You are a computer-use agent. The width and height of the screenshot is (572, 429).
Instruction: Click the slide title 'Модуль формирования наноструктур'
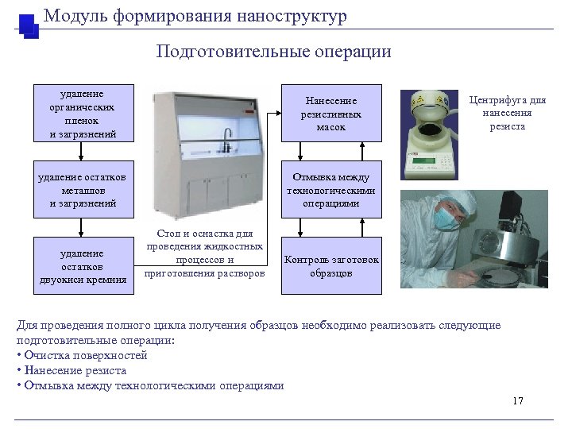click(195, 16)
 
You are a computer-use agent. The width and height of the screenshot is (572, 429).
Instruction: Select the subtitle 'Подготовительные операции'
click(273, 52)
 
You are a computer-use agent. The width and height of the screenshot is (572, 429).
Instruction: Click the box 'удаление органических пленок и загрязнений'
click(83, 113)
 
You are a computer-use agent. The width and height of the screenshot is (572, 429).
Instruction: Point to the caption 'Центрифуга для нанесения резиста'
click(508, 113)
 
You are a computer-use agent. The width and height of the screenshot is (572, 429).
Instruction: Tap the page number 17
click(518, 400)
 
